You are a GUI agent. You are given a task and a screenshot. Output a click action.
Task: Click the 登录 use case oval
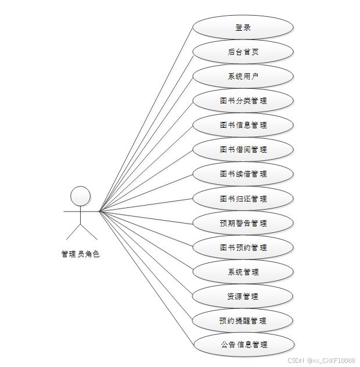(x=243, y=27)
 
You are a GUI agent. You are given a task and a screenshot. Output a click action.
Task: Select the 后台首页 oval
(x=243, y=52)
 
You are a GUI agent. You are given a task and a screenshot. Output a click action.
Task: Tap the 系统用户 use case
(x=243, y=76)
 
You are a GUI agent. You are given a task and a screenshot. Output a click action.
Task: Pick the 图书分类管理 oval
(x=243, y=100)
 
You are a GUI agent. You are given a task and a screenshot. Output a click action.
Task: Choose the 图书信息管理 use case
(x=243, y=125)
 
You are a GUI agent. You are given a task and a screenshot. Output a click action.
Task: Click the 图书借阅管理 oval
(x=243, y=149)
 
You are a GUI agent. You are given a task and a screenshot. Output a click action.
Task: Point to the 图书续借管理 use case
(x=243, y=174)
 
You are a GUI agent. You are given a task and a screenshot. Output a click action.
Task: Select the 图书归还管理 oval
(x=243, y=199)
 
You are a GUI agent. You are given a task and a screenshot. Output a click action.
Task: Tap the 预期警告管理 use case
(x=243, y=223)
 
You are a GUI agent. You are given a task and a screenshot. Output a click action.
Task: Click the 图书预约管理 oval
(x=243, y=247)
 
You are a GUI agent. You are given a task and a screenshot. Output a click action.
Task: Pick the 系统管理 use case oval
(x=243, y=272)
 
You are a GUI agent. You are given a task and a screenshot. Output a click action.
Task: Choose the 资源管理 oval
(x=243, y=296)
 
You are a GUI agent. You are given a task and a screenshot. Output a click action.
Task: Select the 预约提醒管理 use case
(x=243, y=321)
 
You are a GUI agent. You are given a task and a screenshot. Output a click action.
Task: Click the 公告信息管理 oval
(x=243, y=345)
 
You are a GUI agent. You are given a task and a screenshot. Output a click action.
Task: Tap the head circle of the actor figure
(x=80, y=196)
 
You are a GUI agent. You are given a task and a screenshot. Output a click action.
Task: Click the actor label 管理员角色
(x=80, y=254)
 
